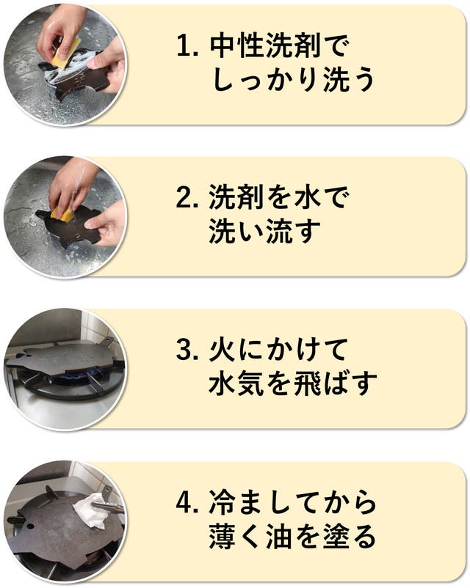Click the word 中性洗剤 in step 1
(x=265, y=46)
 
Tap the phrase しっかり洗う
(x=294, y=80)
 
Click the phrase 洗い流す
(x=265, y=232)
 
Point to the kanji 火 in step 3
(x=223, y=350)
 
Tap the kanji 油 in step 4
(x=280, y=536)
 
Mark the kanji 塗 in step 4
(x=336, y=536)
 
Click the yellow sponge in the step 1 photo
(x=67, y=54)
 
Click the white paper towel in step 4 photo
(x=90, y=511)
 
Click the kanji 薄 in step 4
(x=223, y=536)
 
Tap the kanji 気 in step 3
(x=251, y=383)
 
